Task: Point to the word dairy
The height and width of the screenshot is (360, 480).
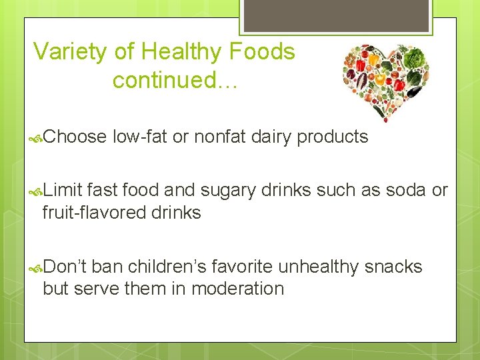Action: pos(272,137)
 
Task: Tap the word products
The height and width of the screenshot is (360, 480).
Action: pos(333,138)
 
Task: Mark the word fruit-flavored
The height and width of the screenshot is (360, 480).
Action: pos(93,213)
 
